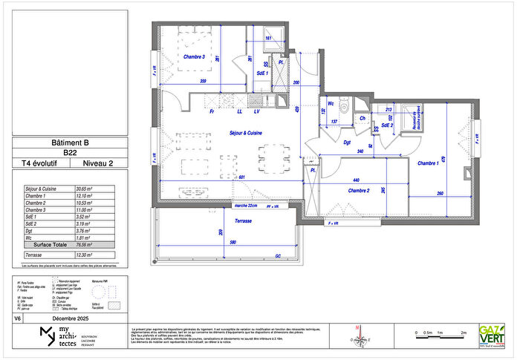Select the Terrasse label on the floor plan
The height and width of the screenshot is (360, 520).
tap(243, 221)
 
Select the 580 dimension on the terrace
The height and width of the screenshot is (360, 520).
tap(233, 244)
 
